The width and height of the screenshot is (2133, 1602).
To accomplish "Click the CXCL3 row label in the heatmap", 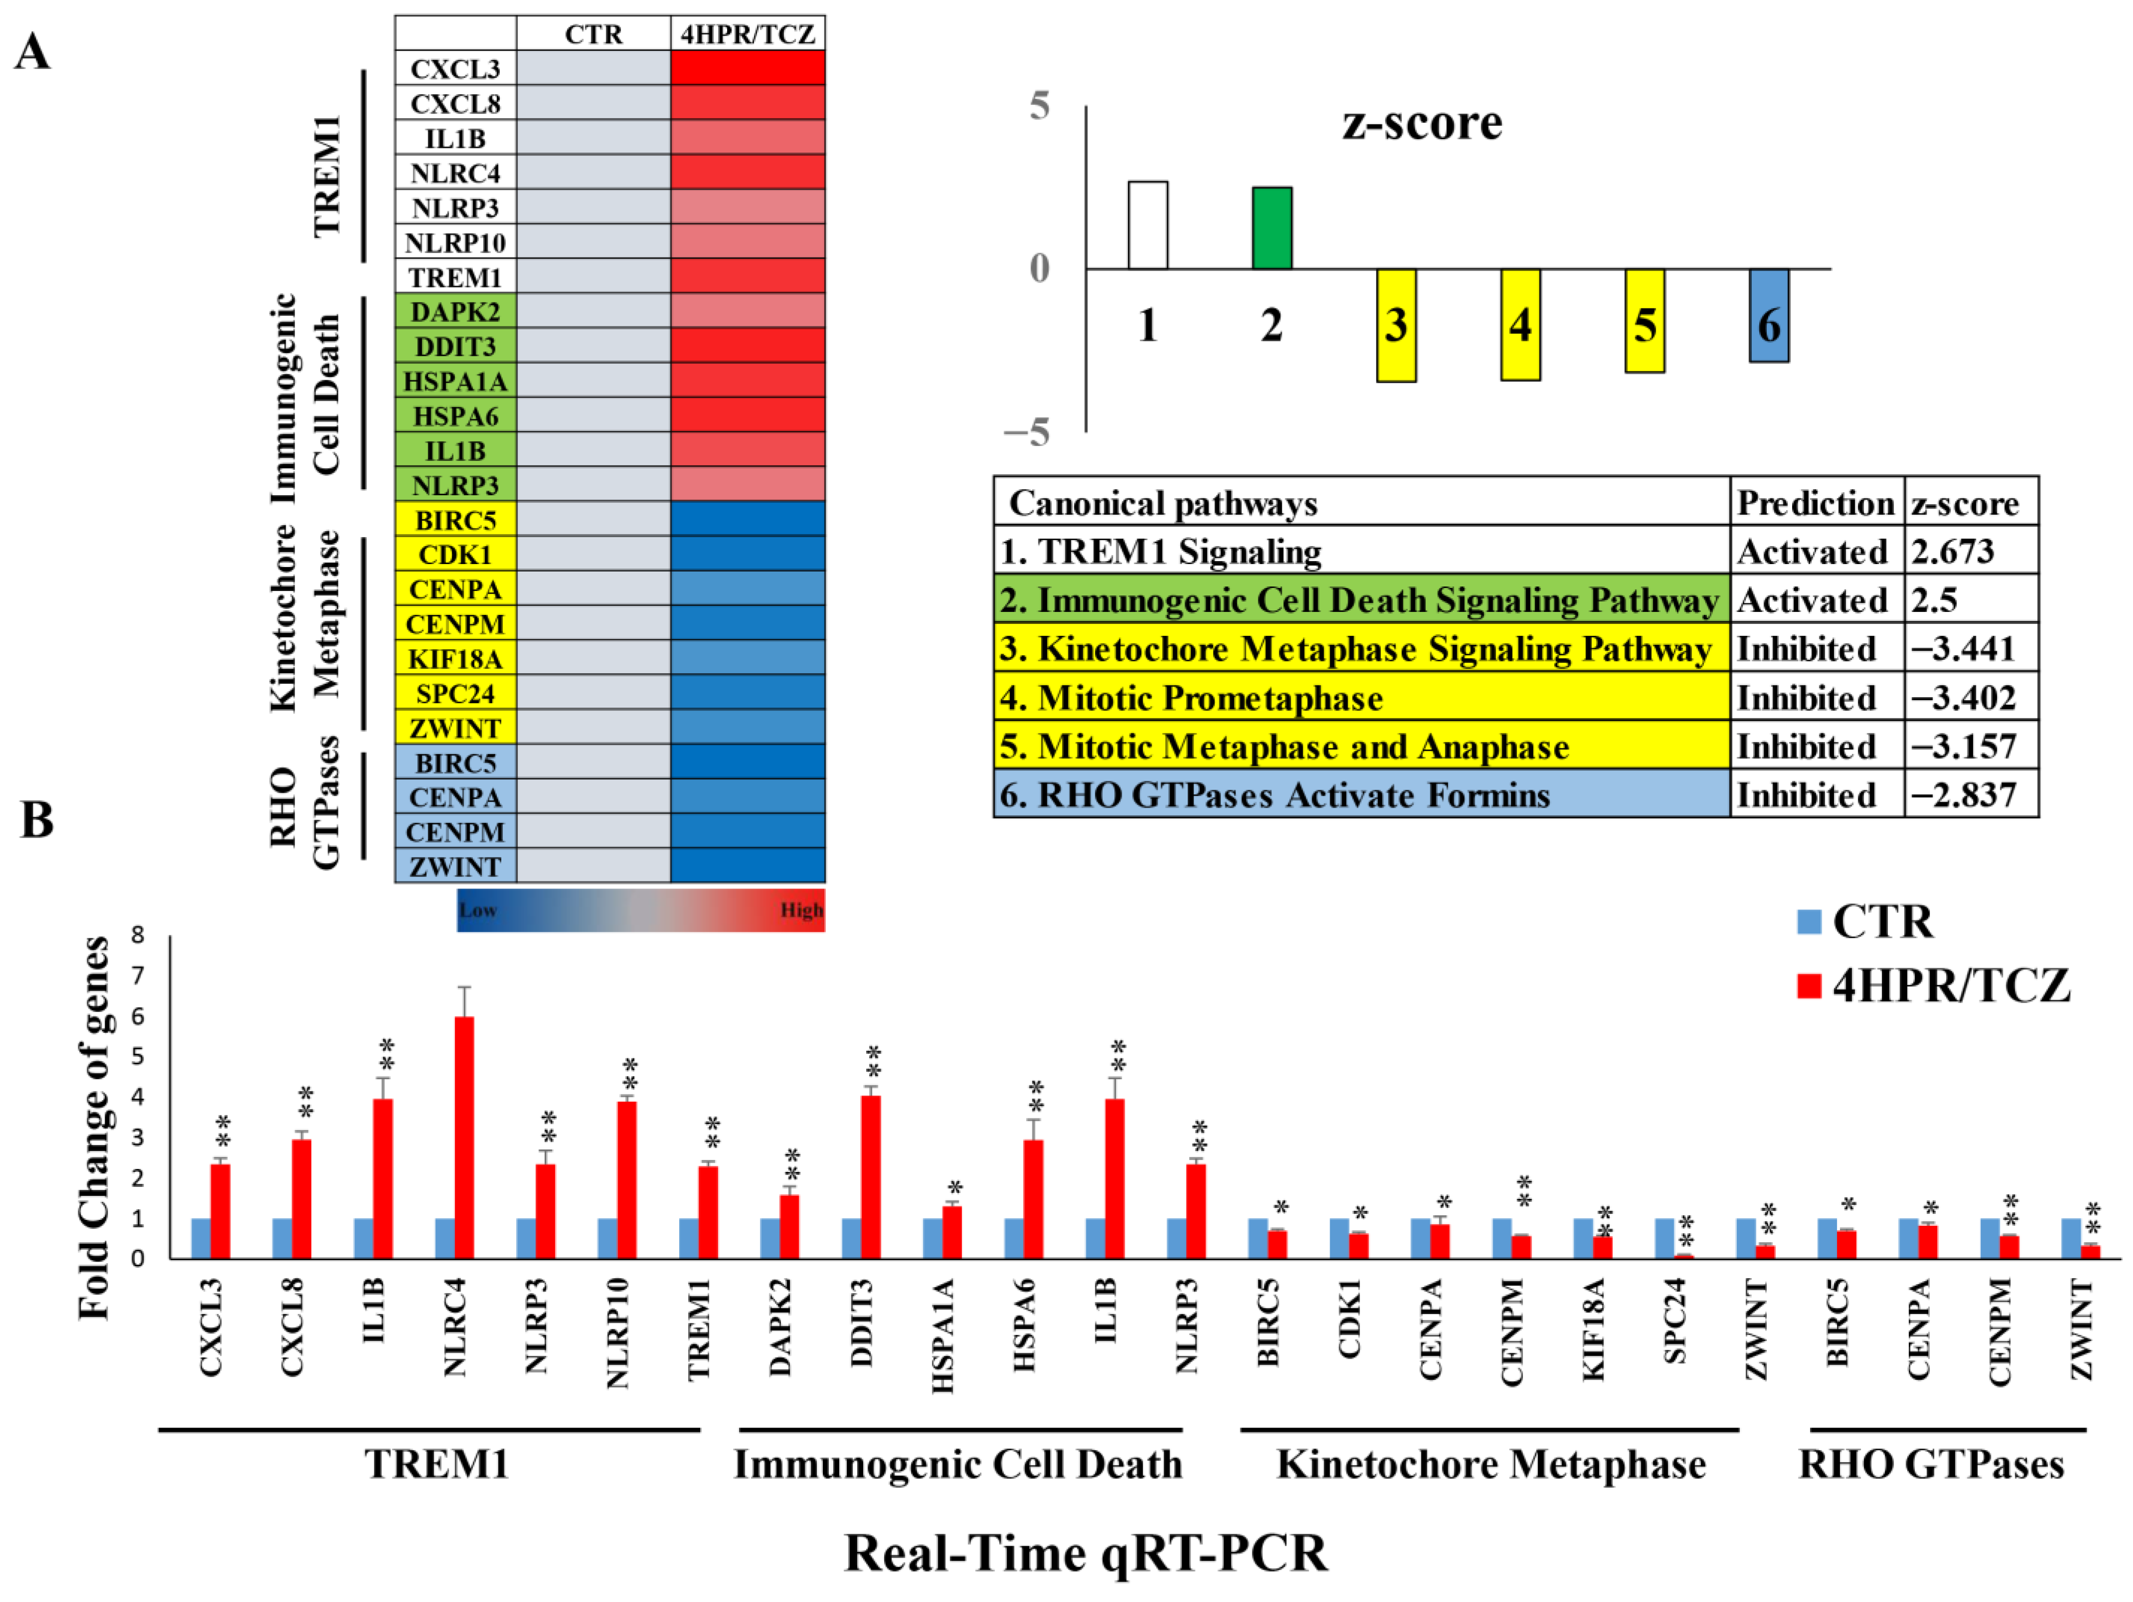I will tap(455, 68).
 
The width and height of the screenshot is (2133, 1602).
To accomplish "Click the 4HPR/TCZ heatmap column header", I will tap(748, 34).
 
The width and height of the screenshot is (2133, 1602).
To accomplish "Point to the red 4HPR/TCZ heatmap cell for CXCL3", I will tap(748, 68).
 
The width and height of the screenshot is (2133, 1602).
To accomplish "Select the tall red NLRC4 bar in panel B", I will tap(464, 1138).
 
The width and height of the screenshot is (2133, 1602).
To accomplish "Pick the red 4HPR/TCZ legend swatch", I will tap(1809, 985).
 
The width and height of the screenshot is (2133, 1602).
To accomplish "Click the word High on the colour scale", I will tap(801, 910).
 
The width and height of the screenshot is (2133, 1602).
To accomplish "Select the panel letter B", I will tap(37, 820).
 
